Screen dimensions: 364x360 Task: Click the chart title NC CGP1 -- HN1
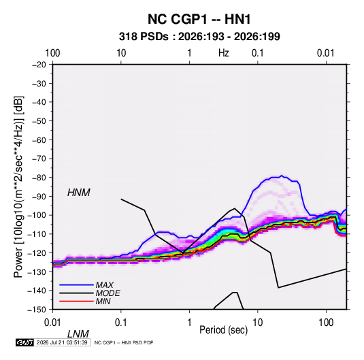(199, 19)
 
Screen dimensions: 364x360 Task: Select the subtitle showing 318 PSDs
(199, 37)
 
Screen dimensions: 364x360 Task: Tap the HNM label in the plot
(79, 193)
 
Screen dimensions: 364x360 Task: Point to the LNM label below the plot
(78, 334)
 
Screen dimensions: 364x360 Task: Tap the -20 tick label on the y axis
(39, 65)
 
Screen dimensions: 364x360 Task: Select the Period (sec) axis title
(224, 329)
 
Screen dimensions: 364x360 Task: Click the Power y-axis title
(18, 187)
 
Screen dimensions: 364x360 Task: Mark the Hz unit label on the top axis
(224, 53)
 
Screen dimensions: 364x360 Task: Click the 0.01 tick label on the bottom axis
(52, 323)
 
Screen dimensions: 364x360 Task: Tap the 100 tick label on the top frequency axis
(52, 53)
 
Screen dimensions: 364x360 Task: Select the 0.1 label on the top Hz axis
(258, 53)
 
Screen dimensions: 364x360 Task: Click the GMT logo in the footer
(24, 342)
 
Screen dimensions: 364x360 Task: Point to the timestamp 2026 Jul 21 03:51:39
(62, 342)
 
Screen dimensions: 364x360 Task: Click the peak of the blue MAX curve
(282, 176)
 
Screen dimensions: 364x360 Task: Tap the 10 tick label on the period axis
(258, 323)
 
